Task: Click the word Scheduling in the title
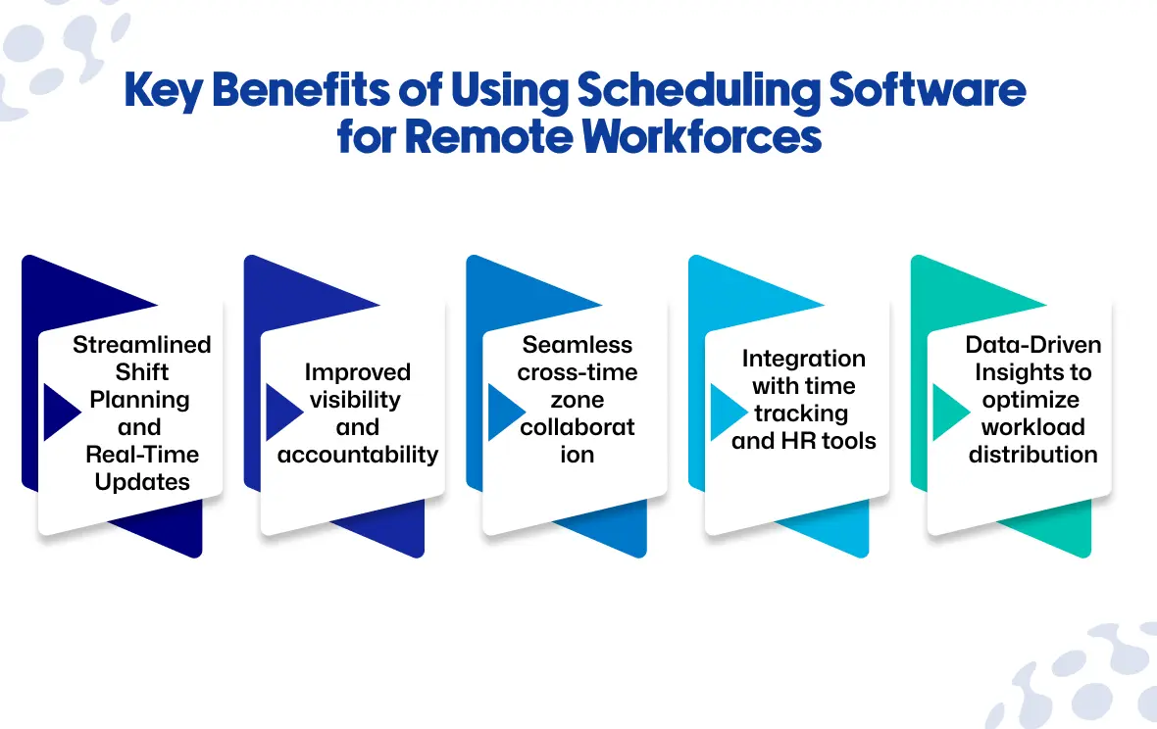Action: [697, 91]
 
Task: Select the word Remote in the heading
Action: [488, 136]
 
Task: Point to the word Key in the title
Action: [164, 91]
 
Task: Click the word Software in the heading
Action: [927, 90]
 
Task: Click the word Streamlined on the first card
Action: [141, 344]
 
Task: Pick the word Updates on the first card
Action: [142, 482]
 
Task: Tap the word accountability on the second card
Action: [358, 455]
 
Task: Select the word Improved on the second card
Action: [358, 372]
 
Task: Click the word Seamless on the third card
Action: [577, 344]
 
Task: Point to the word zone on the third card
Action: [577, 400]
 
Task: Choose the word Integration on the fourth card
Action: [804, 359]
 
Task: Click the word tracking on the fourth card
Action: [801, 413]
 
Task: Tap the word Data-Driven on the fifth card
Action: [1033, 344]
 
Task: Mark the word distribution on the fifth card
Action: [1033, 455]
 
